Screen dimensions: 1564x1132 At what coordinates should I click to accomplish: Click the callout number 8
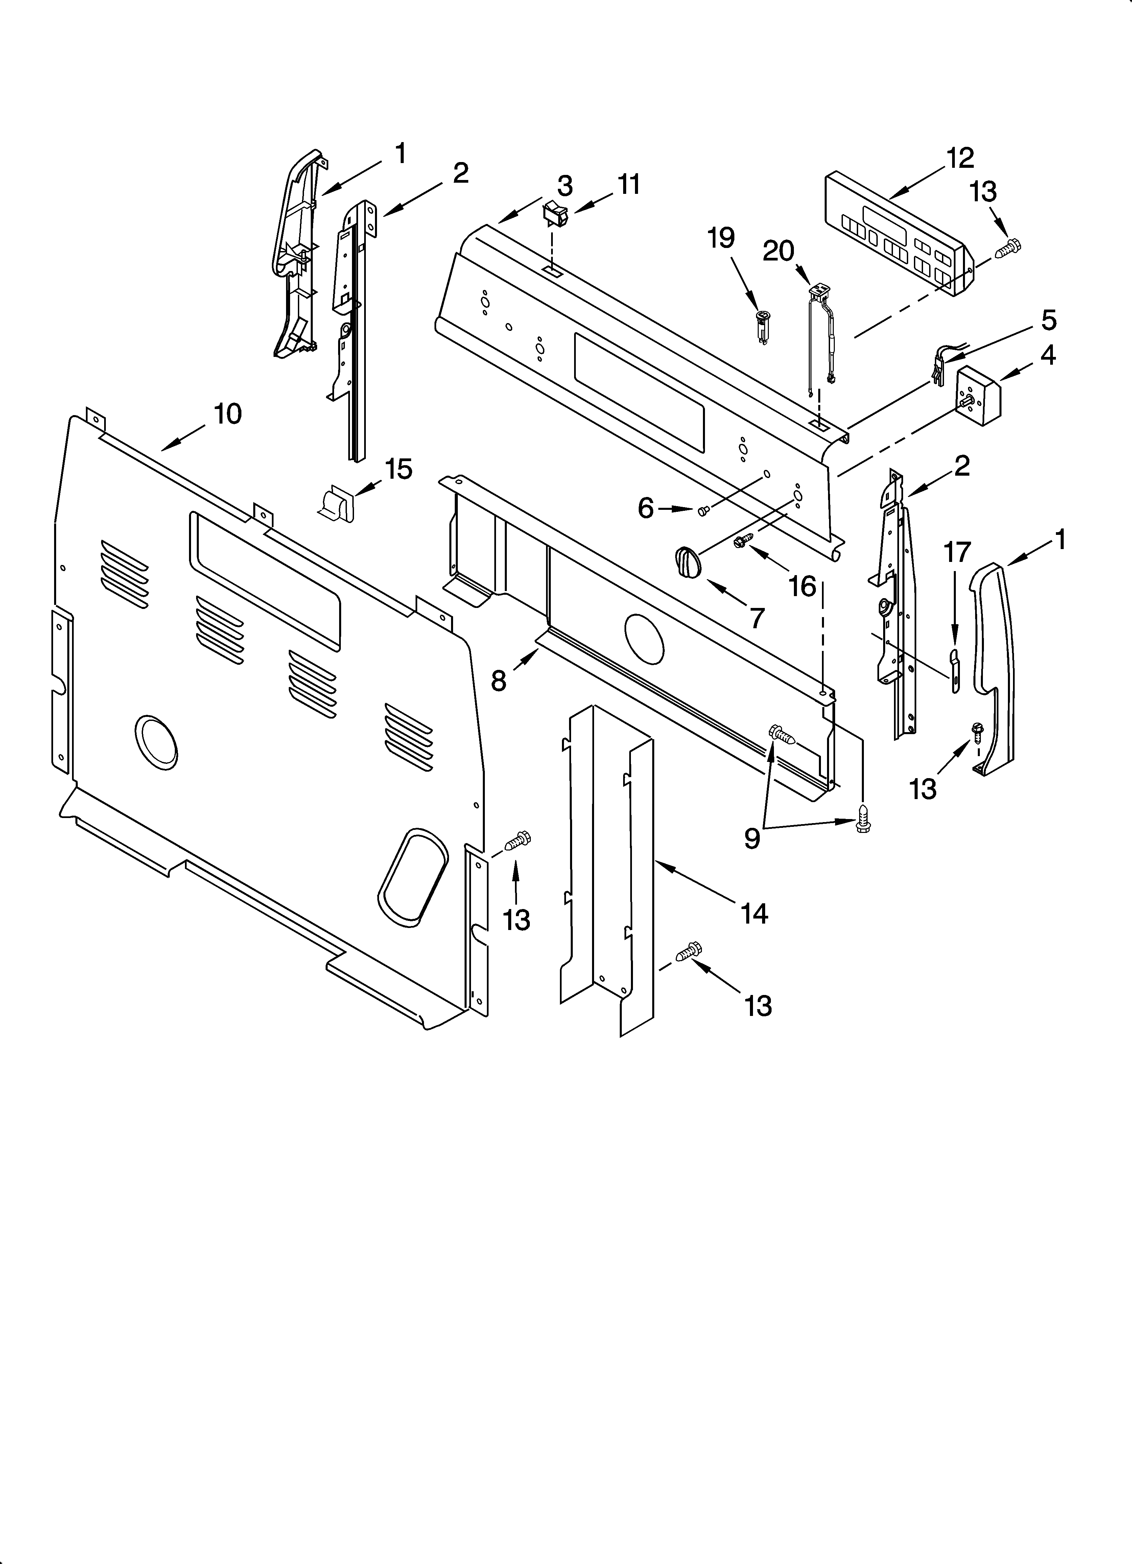point(498,681)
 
